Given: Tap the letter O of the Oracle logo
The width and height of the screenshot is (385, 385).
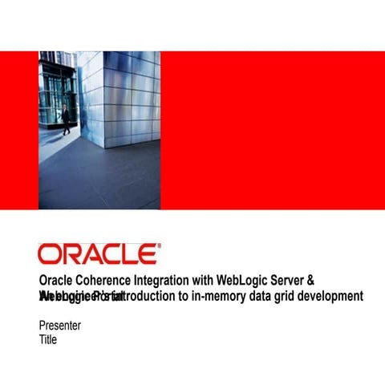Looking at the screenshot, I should coord(49,254).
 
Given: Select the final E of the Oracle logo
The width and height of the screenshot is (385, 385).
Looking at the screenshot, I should coord(147,254).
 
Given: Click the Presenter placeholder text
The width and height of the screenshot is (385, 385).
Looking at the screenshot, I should coord(60,326).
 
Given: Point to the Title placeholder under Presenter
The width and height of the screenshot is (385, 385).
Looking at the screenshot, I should coord(48,339).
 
